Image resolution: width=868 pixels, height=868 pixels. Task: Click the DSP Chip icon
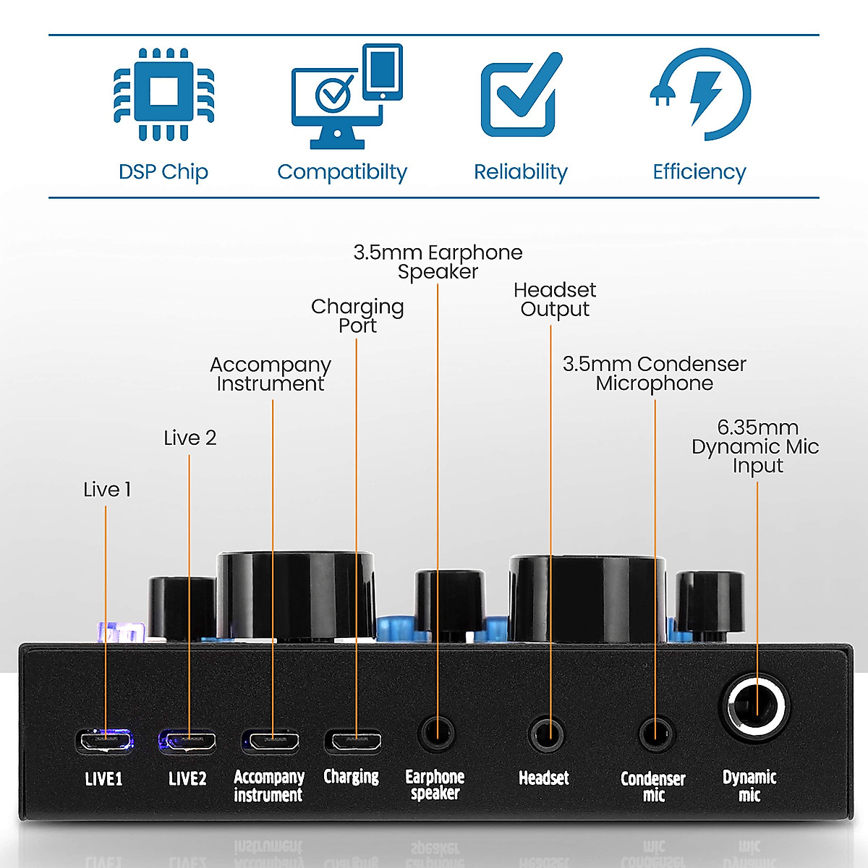[164, 94]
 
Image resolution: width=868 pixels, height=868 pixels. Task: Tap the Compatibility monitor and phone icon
[346, 98]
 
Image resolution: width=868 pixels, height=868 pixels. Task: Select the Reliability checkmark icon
[520, 95]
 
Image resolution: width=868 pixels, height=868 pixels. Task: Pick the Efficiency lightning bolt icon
[700, 94]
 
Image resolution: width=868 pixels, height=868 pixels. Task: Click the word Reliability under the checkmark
[520, 172]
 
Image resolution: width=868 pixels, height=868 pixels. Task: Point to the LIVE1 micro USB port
[105, 741]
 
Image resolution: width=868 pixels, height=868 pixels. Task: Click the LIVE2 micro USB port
[188, 741]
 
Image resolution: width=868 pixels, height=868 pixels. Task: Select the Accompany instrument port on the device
[271, 741]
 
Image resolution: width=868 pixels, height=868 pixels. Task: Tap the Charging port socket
[353, 741]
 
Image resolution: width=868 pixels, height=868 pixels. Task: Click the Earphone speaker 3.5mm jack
[437, 733]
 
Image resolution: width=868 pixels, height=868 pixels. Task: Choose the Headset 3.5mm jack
[547, 734]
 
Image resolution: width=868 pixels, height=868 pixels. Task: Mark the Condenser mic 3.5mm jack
[657, 734]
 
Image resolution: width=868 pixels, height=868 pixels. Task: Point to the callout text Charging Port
[357, 316]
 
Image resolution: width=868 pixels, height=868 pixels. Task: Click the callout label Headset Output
[555, 299]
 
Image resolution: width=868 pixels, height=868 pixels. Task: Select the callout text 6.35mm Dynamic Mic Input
[756, 446]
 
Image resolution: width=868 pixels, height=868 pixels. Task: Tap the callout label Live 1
[107, 490]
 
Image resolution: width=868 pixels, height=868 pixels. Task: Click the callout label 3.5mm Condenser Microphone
[655, 373]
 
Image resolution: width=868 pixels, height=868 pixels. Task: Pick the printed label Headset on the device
[544, 778]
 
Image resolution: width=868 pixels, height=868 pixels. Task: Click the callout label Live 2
[190, 438]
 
